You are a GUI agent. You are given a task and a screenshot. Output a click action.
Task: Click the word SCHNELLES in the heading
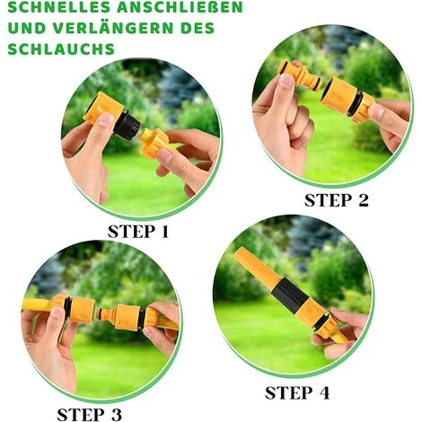click(x=58, y=8)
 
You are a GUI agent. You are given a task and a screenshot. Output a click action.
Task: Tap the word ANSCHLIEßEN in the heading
click(x=180, y=7)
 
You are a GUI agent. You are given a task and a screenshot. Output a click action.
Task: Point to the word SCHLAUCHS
click(x=61, y=48)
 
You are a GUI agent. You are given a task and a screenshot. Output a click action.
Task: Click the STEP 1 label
click(x=138, y=232)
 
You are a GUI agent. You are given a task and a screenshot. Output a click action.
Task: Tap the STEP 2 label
click(x=337, y=200)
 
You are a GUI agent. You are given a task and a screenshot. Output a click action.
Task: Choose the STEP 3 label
click(x=90, y=415)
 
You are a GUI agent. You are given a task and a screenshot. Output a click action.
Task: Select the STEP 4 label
click(x=297, y=393)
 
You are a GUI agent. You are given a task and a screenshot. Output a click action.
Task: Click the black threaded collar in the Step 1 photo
click(x=127, y=125)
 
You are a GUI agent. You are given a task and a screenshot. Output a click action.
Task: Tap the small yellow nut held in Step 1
click(x=154, y=143)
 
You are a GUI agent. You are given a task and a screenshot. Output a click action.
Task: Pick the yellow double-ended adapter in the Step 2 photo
click(x=300, y=75)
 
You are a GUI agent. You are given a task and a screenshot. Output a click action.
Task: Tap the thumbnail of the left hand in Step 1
click(x=106, y=120)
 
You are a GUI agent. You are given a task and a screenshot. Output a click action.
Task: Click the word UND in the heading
click(x=27, y=27)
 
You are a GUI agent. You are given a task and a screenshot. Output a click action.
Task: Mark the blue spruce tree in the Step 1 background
click(x=177, y=90)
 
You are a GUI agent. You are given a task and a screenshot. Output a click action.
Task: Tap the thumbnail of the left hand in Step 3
click(x=57, y=313)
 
